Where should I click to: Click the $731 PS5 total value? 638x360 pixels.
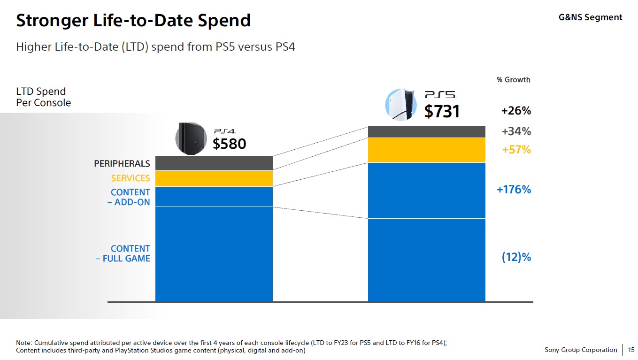click(442, 111)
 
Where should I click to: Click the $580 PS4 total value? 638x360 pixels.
click(229, 144)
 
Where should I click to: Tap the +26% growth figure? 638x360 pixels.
click(516, 111)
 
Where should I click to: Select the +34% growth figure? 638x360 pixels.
click(516, 131)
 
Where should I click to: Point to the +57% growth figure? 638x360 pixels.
click(516, 150)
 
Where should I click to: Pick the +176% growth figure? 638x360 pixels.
click(514, 190)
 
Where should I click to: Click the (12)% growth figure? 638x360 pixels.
click(516, 257)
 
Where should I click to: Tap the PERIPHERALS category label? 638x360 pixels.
click(122, 164)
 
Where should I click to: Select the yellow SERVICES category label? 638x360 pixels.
click(131, 178)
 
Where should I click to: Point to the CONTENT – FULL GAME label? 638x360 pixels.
click(123, 253)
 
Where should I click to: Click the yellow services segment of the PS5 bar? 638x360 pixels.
click(426, 150)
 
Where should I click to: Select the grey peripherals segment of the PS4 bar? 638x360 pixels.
click(214, 163)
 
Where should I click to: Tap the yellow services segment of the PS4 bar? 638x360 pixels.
click(214, 179)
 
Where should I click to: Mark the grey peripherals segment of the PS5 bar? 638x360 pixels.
click(426, 132)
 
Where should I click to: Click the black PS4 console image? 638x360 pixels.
click(191, 138)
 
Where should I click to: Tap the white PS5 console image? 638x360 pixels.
click(400, 105)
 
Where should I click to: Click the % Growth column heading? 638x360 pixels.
click(513, 80)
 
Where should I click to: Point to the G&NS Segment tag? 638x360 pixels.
click(590, 17)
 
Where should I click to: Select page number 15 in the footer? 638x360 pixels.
click(631, 350)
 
